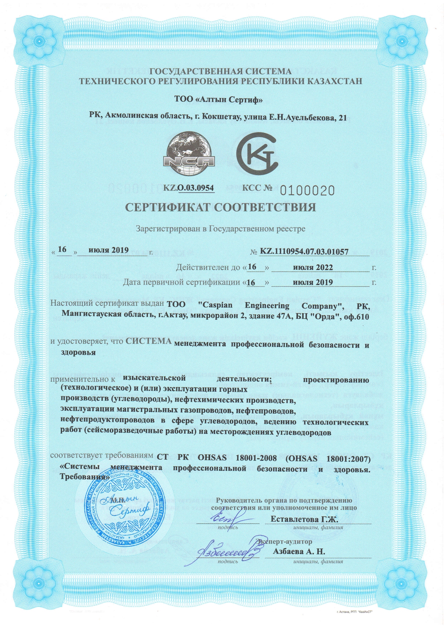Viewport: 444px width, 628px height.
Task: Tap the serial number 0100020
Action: click(307, 190)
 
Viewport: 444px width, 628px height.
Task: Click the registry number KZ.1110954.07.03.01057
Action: click(304, 251)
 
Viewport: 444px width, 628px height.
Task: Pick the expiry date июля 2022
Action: click(313, 267)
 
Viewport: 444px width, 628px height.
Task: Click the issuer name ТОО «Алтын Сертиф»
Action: click(218, 99)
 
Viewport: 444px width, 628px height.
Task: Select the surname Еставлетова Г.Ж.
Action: click(304, 519)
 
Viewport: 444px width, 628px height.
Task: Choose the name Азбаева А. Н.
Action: click(299, 551)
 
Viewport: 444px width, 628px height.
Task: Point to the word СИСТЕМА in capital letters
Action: click(149, 341)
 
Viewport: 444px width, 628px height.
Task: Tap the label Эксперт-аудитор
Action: click(285, 541)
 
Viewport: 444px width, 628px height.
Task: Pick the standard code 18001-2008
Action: click(256, 458)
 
